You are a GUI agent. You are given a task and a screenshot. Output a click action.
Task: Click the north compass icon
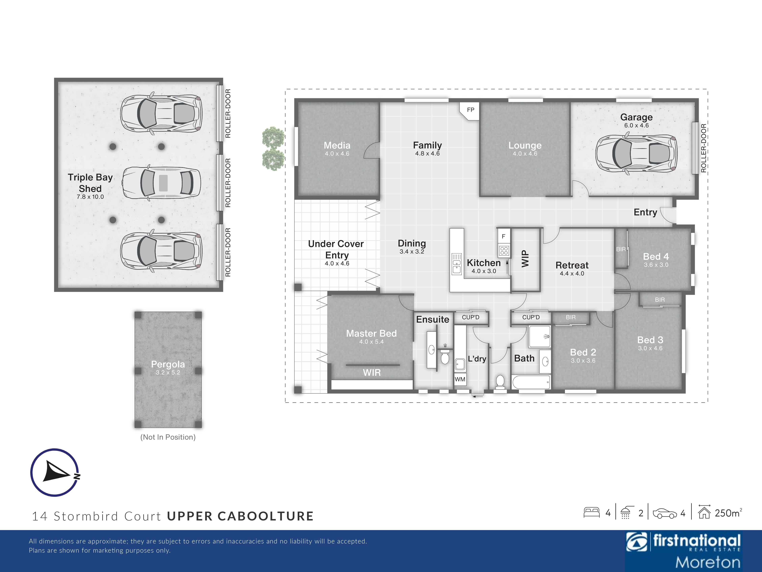coord(55,472)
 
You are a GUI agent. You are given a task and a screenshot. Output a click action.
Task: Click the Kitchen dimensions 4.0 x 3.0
coord(484,271)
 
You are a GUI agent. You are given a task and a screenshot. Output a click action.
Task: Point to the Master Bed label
coord(371,333)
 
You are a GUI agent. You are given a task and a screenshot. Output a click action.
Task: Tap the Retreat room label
coord(572,265)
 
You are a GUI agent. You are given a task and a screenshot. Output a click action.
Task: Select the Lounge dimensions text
coord(525,154)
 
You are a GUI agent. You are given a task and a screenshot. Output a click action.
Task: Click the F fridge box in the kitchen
coord(504,237)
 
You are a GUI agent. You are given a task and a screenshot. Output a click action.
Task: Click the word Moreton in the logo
coord(708,562)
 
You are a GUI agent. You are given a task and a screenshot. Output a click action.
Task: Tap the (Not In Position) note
coord(168,437)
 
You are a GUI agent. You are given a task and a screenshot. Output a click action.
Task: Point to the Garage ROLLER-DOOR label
coord(703,148)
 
